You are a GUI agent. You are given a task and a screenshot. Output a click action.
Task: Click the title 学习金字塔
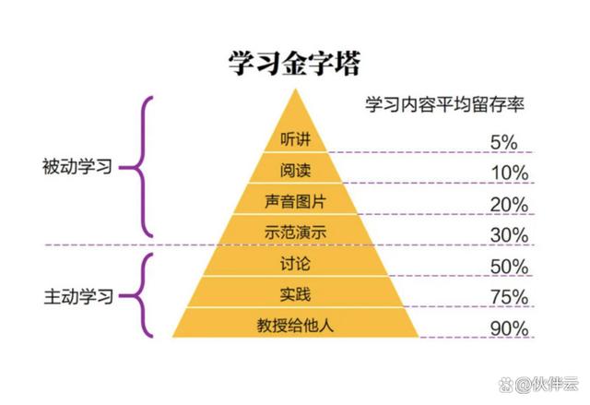[x=294, y=63]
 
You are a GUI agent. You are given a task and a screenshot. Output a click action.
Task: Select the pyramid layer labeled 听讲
[x=295, y=139]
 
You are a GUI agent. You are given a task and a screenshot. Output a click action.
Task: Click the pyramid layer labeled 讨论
[x=295, y=264]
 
